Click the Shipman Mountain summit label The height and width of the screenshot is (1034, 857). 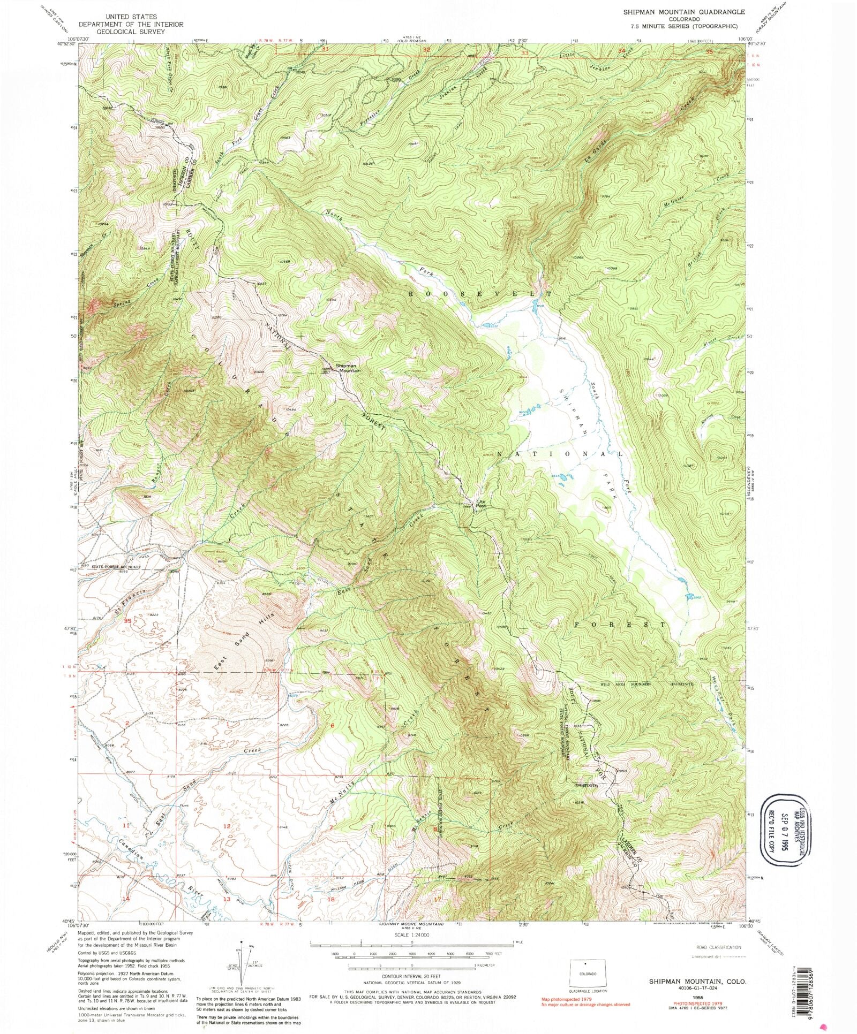pos(348,368)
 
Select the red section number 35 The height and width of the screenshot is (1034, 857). pos(127,621)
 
